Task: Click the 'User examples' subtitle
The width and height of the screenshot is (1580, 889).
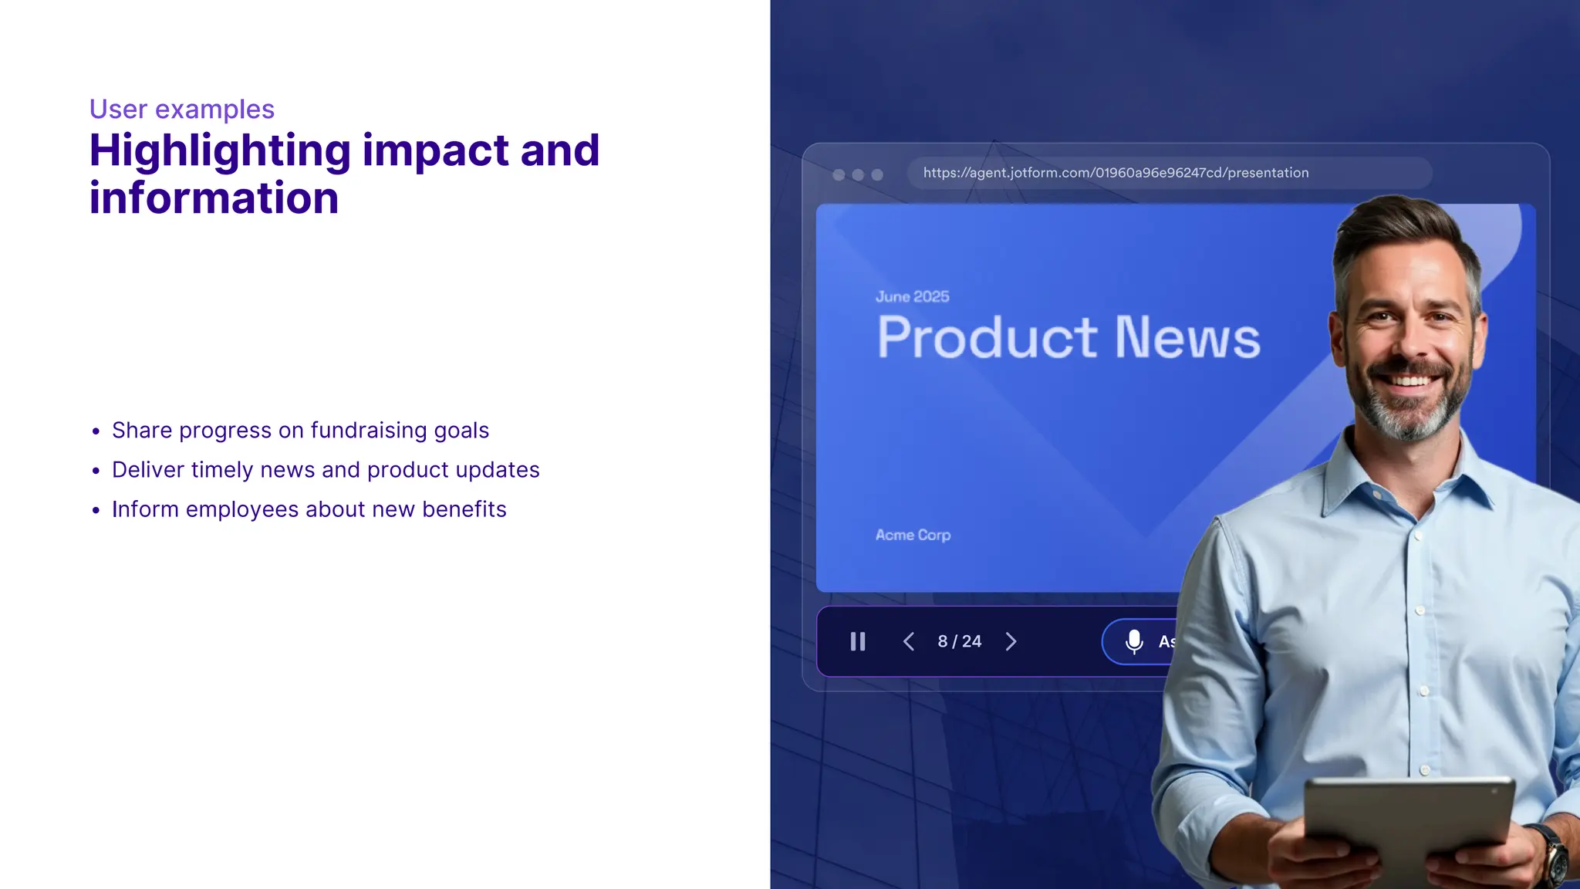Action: pyautogui.click(x=182, y=110)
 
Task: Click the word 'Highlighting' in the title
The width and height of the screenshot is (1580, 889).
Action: pyautogui.click(x=220, y=150)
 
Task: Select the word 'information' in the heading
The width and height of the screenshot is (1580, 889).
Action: pyautogui.click(x=214, y=198)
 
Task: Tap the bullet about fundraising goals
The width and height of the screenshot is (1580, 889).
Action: pyautogui.click(x=300, y=431)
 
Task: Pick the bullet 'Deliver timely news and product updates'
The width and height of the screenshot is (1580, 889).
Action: pyautogui.click(x=326, y=470)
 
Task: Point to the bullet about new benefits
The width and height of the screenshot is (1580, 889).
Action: pyautogui.click(x=309, y=509)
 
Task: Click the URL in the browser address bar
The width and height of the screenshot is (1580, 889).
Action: pyautogui.click(x=1116, y=173)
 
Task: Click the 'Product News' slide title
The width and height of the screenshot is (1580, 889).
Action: pyautogui.click(x=1069, y=338)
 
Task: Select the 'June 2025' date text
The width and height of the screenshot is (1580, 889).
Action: pyautogui.click(x=912, y=296)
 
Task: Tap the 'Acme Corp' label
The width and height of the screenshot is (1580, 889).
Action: pyautogui.click(x=913, y=535)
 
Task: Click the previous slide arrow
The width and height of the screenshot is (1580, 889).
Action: pyautogui.click(x=909, y=641)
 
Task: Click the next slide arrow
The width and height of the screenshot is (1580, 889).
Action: pyautogui.click(x=1011, y=641)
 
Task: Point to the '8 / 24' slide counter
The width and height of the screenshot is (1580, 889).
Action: pyautogui.click(x=960, y=641)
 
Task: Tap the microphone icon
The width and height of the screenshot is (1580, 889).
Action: pyautogui.click(x=1134, y=641)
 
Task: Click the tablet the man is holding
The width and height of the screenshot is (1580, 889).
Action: pyautogui.click(x=1408, y=826)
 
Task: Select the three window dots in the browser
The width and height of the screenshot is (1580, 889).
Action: pyautogui.click(x=858, y=174)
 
